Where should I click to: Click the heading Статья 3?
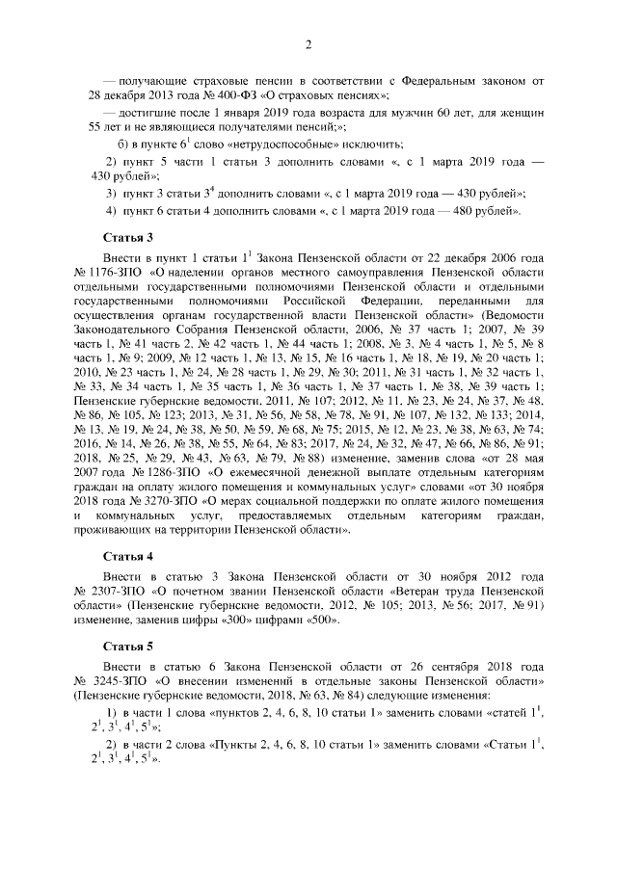click(x=128, y=236)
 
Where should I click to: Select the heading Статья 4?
click(x=128, y=556)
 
